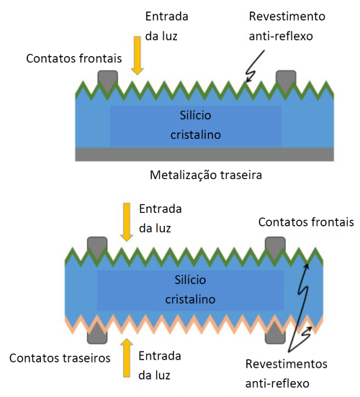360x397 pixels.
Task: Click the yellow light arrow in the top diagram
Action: pos(137,55)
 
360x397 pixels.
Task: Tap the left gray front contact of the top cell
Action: pos(108,79)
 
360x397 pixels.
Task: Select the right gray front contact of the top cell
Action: pos(286,79)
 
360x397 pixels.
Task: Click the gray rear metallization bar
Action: pos(204,154)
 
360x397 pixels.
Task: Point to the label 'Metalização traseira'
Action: pos(206,175)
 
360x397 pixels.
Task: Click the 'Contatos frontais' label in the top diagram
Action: pos(74,58)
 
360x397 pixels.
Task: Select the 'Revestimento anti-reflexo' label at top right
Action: pos(287,26)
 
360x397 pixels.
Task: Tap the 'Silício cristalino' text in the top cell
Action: pos(195,125)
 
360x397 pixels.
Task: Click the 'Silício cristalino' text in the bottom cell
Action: pos(190,290)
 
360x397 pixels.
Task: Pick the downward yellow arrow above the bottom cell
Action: pos(127,222)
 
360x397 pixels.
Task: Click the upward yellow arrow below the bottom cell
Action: pos(127,357)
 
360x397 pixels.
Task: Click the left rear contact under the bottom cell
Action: pos(97,336)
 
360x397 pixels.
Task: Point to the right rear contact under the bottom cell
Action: pos(275,336)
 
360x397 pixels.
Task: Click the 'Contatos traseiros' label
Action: pos(60,358)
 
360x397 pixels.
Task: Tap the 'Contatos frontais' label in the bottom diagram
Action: pos(306,222)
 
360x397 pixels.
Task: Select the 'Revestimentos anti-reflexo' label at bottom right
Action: pos(287,374)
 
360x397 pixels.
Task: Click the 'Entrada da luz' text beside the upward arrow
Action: pos(160,365)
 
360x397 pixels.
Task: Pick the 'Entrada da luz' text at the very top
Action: pos(166,27)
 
